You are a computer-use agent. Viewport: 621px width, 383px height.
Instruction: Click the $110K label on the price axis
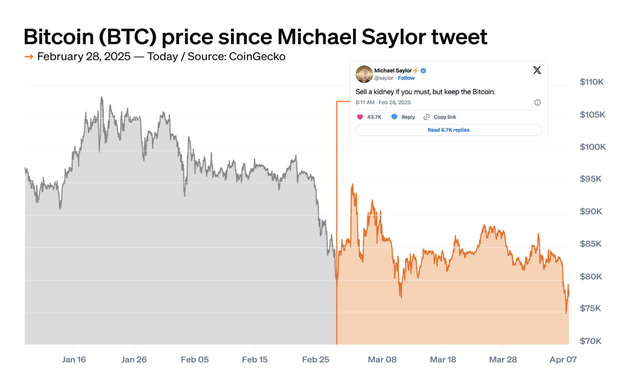tap(592, 82)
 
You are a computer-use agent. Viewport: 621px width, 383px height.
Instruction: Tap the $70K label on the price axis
tap(593, 341)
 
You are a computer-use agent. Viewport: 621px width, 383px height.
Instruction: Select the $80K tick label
tap(593, 277)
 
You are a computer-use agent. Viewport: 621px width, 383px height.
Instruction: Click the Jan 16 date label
tap(74, 360)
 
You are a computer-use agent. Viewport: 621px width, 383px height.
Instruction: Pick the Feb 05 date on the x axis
tap(195, 360)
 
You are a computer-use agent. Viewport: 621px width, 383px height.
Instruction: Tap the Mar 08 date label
tap(382, 360)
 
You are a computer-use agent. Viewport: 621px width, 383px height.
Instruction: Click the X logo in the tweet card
tap(537, 70)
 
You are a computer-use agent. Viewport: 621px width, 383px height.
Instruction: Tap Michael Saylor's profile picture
tap(364, 74)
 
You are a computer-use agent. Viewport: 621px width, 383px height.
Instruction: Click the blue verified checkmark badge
tap(423, 70)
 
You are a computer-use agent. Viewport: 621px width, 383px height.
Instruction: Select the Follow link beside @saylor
tap(406, 78)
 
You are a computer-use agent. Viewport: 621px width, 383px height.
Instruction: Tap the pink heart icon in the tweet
tap(360, 117)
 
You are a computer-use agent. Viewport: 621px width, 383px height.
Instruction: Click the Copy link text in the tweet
tap(444, 117)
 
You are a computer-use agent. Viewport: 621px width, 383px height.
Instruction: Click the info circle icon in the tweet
tap(537, 102)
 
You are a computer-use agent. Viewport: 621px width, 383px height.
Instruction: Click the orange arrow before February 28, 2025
tap(28, 57)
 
